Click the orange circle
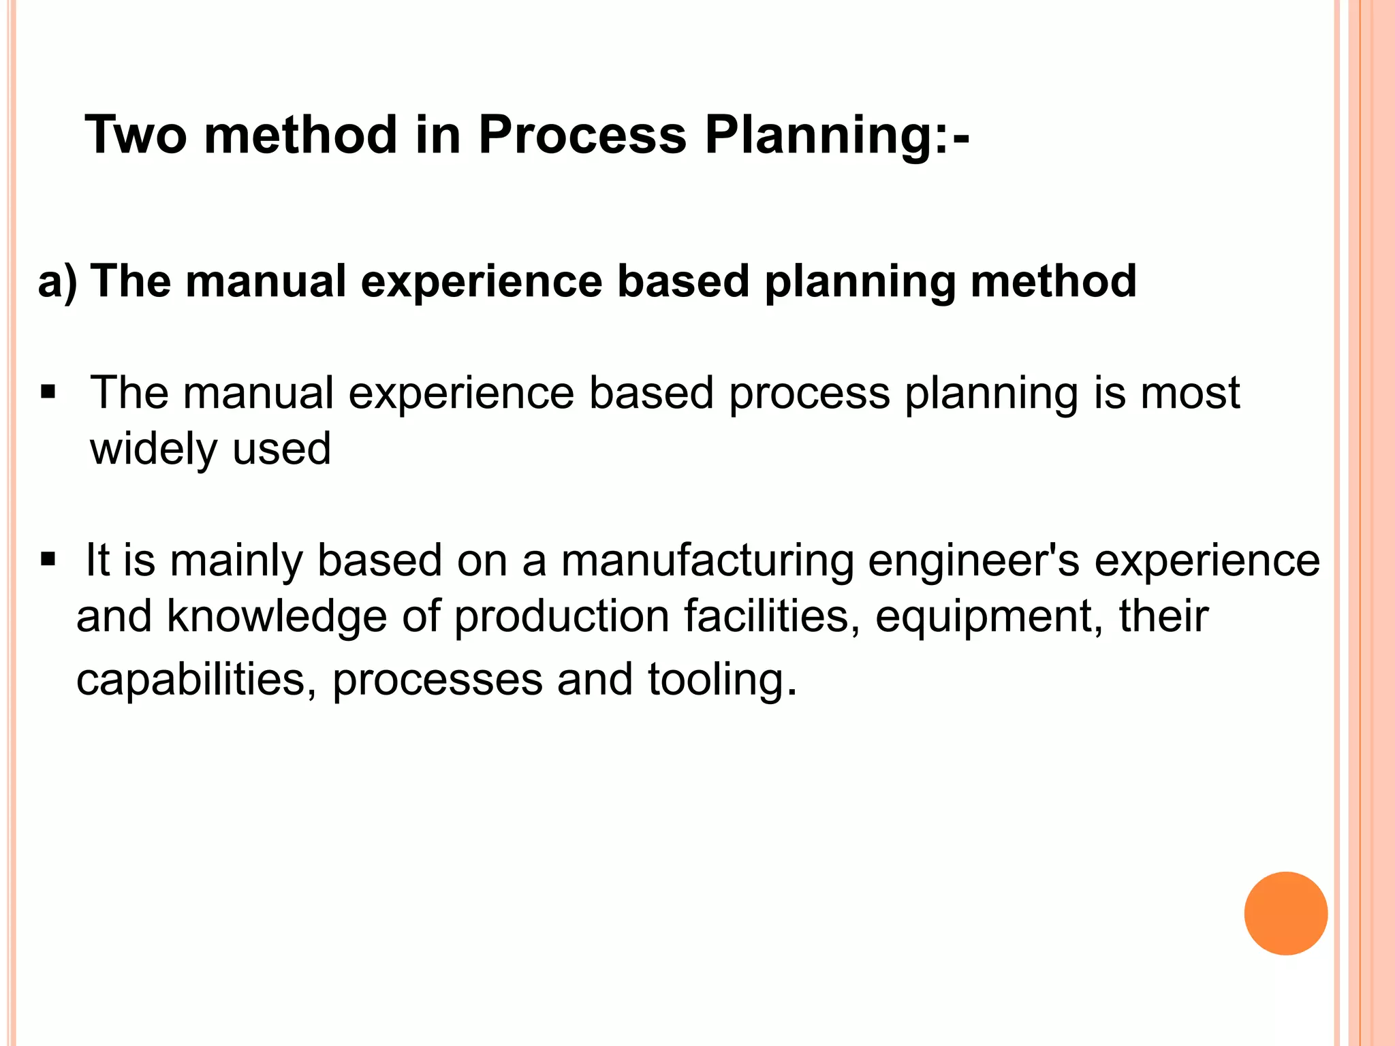pos(1285,913)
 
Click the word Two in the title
pos(136,135)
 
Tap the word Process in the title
pos(582,135)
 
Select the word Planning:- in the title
pos(837,135)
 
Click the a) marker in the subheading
pos(57,281)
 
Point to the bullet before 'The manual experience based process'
pos(48,393)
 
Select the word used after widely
pos(281,449)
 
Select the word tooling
pos(721,680)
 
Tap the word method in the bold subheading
pos(1053,281)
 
